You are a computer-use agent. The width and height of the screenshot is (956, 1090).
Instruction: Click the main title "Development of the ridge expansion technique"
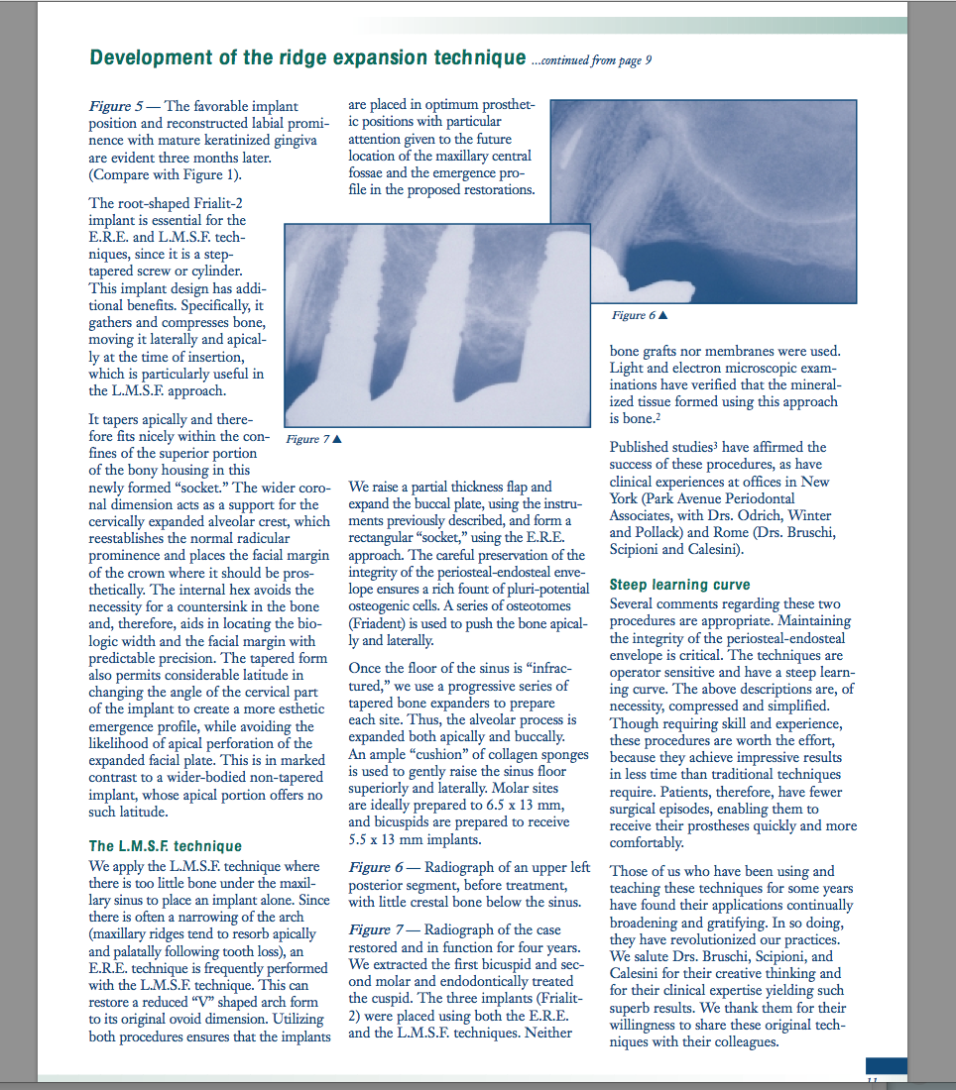click(x=306, y=58)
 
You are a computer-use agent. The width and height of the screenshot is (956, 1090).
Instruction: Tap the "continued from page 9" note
click(x=591, y=60)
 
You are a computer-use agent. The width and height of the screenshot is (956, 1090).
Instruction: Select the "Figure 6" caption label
click(x=640, y=315)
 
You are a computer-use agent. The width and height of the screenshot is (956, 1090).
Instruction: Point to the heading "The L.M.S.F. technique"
click(x=165, y=846)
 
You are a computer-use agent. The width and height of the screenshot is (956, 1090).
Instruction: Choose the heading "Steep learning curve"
click(x=679, y=585)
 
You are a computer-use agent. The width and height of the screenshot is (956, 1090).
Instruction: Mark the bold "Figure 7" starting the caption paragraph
click(x=373, y=929)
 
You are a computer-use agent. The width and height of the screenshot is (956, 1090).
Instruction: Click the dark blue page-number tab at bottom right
click(x=886, y=1065)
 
